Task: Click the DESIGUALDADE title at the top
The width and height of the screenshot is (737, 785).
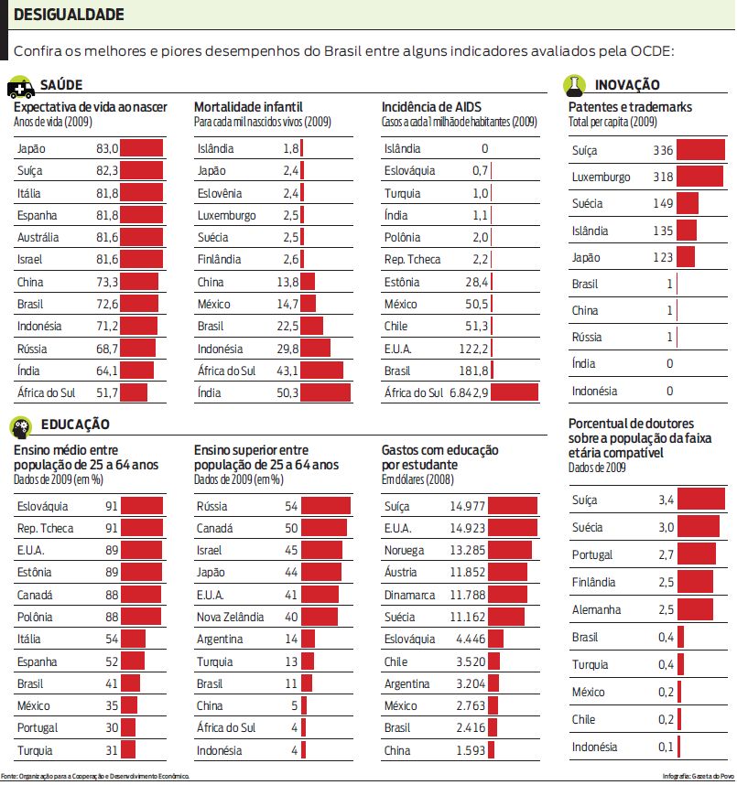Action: pyautogui.click(x=69, y=16)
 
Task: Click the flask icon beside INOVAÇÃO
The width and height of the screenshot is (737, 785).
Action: pyautogui.click(x=574, y=85)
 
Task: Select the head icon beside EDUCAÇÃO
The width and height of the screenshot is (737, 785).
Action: pyautogui.click(x=20, y=425)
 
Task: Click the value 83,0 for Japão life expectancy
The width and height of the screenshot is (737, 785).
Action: pyautogui.click(x=106, y=148)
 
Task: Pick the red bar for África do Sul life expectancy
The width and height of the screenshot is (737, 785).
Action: pyautogui.click(x=134, y=392)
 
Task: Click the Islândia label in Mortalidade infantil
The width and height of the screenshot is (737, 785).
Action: pyautogui.click(x=215, y=148)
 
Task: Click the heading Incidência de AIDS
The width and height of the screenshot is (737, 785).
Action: pyautogui.click(x=431, y=107)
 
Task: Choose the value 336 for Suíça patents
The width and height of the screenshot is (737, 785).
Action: pyautogui.click(x=663, y=150)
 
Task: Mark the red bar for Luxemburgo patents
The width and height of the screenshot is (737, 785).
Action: pyautogui.click(x=700, y=177)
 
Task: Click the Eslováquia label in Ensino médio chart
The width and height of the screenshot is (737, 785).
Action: pyautogui.click(x=43, y=506)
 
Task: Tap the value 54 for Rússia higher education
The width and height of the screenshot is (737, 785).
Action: pyautogui.click(x=291, y=506)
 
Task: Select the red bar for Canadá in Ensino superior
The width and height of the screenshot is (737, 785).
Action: pyautogui.click(x=324, y=528)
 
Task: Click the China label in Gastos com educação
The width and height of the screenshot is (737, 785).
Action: pyautogui.click(x=396, y=750)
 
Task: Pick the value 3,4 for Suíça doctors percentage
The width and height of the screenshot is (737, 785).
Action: pyautogui.click(x=666, y=500)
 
